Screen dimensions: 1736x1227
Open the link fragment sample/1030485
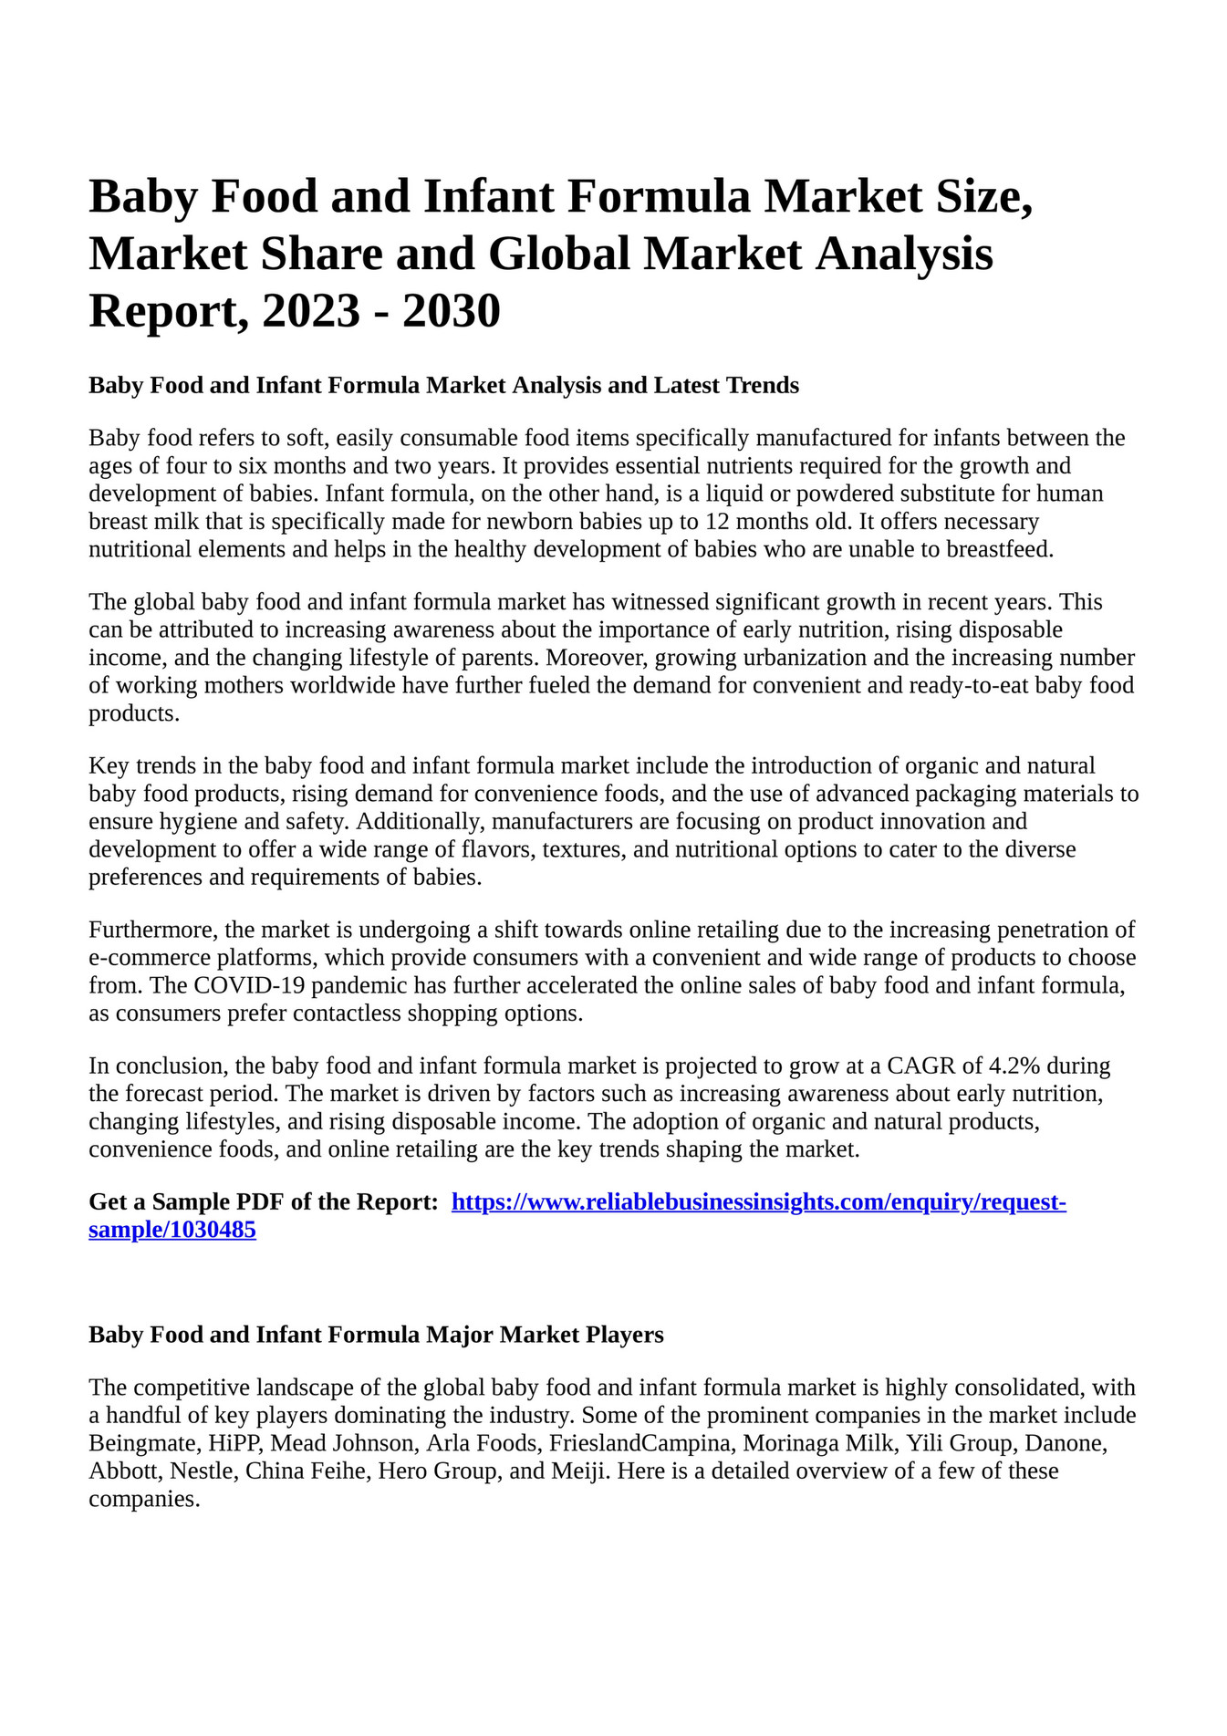coord(172,1231)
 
